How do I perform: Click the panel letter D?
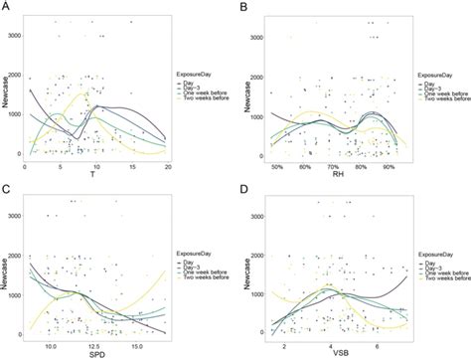pyautogui.click(x=242, y=186)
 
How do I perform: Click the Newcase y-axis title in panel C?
pyautogui.click(x=9, y=269)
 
